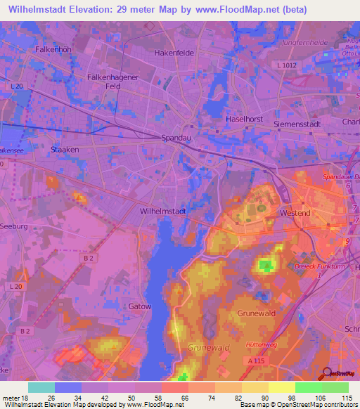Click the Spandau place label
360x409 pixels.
176,138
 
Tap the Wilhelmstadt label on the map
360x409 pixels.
163,210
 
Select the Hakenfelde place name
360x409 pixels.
174,53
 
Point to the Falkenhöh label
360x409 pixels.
53,50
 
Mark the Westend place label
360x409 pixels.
295,212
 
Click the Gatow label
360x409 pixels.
139,306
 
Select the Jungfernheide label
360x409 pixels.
305,42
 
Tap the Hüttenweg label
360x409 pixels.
262,344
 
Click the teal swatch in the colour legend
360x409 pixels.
41,387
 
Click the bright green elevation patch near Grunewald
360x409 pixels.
265,266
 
